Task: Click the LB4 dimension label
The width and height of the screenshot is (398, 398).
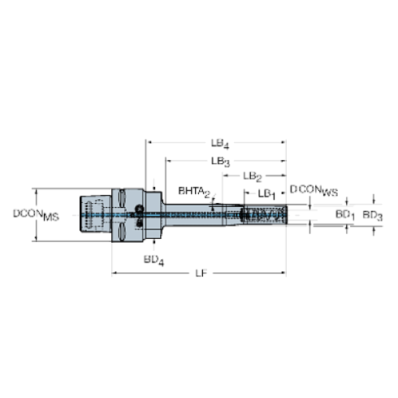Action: click(220, 144)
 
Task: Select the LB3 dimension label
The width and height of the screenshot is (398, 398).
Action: click(220, 162)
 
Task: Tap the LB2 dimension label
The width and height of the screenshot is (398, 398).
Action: click(253, 176)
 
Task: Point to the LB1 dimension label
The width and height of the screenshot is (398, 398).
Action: click(266, 194)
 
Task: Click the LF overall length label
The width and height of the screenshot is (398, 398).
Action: click(201, 274)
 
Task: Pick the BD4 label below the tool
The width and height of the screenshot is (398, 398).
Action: click(154, 260)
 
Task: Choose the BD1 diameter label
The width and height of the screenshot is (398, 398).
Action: click(345, 215)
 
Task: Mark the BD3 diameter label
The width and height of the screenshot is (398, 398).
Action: click(372, 216)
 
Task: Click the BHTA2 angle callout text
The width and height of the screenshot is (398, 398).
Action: click(194, 192)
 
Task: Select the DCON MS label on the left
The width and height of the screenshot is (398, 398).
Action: click(36, 214)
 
